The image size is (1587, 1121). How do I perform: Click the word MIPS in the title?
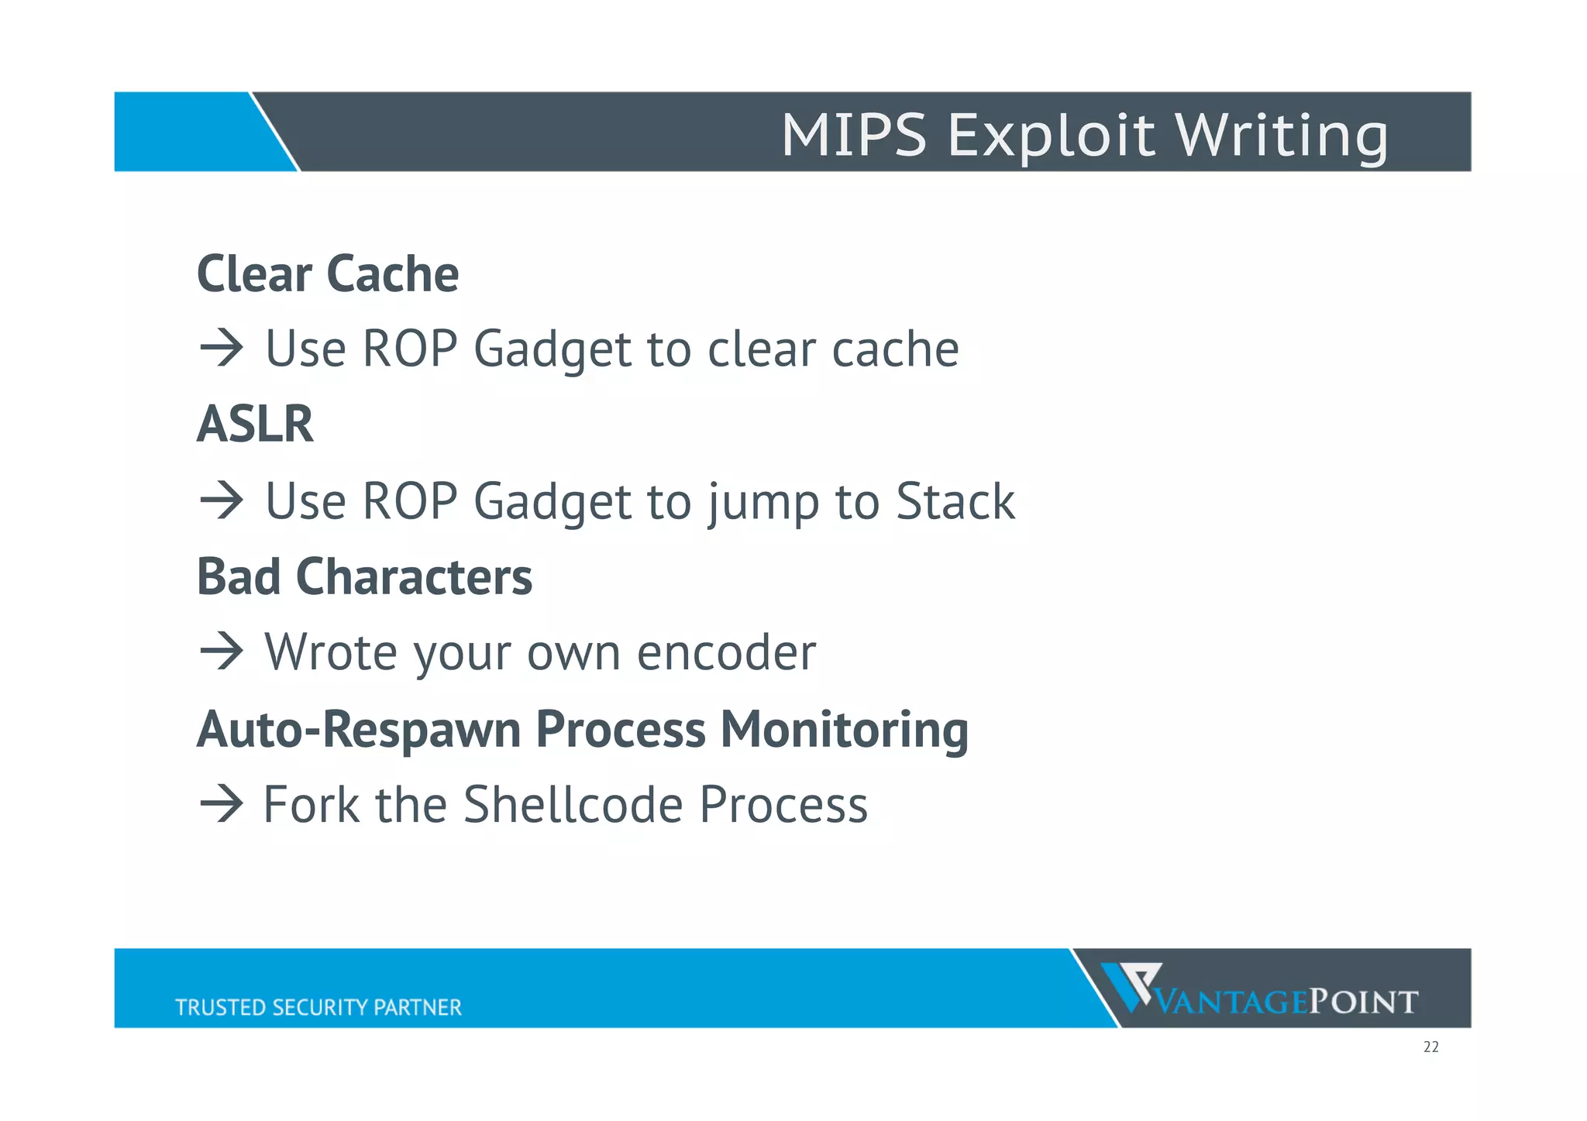coord(853,136)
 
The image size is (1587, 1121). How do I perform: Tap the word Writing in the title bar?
coord(1282,136)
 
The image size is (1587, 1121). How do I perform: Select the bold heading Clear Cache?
coord(328,274)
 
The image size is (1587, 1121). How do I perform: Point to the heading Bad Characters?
coord(364,577)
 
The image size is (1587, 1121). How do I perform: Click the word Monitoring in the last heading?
coord(844,730)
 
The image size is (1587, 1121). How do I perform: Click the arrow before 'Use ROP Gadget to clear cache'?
coord(222,349)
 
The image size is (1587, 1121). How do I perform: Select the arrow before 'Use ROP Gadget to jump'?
coord(222,500)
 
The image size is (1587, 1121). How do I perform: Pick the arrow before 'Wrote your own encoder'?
coord(222,652)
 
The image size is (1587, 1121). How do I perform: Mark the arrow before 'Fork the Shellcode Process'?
coord(222,804)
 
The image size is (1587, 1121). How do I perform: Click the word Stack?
coord(955,501)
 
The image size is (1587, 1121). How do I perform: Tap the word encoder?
coord(726,653)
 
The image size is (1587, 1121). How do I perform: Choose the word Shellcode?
coord(573,804)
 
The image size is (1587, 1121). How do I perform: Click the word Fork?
coord(311,804)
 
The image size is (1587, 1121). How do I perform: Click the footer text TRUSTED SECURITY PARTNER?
coord(318,1007)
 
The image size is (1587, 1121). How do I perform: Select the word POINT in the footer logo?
coord(1364,1002)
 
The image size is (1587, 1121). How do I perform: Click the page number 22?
coord(1430,1047)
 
